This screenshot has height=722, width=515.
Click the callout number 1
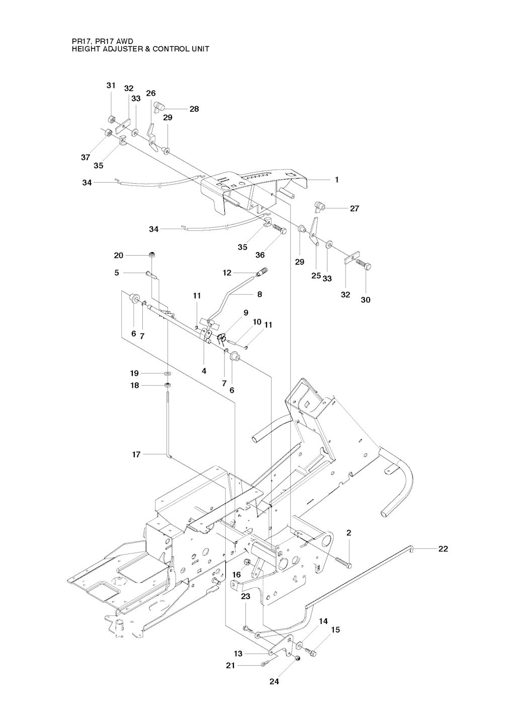337,180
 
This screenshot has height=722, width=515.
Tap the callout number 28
194,109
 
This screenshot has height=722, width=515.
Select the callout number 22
443,548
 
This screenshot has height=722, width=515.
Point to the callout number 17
136,454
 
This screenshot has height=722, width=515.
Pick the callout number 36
260,255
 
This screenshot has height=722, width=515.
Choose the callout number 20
119,255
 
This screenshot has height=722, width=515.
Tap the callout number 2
349,533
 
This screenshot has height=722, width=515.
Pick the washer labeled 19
167,373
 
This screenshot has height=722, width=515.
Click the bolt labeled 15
310,652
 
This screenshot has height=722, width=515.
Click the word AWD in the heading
125,42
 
